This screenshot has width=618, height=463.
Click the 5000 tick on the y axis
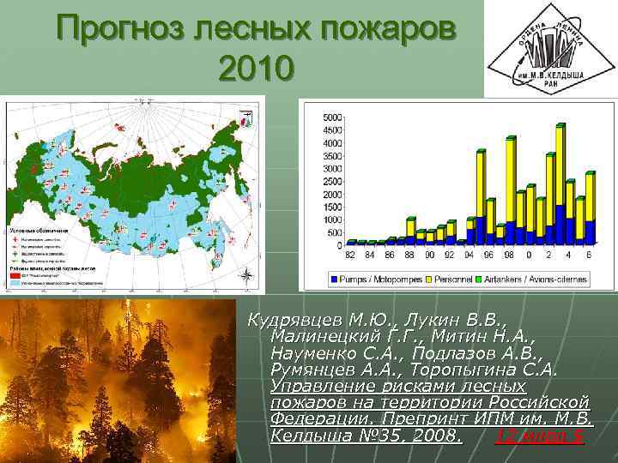coord(331,117)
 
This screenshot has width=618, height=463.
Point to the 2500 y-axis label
coord(331,181)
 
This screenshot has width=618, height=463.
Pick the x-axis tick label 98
coord(508,255)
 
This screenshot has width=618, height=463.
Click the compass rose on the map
coord(246,276)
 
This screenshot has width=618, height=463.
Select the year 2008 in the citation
coord(433,437)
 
